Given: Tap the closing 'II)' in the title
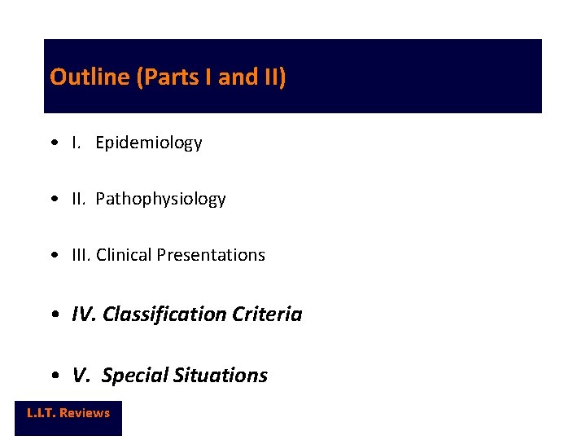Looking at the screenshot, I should (x=274, y=77).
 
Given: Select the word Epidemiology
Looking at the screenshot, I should (x=148, y=143).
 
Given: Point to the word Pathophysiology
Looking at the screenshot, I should (x=160, y=200).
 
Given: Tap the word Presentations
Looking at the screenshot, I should (x=211, y=255).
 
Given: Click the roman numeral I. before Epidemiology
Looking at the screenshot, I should (x=76, y=143).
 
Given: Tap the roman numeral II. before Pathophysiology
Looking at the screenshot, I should (x=79, y=200).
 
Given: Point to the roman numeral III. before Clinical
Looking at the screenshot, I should (x=81, y=255).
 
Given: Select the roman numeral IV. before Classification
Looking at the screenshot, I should (x=84, y=315).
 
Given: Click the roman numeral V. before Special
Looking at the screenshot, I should (x=81, y=376).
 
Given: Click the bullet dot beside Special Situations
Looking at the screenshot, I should (x=53, y=376).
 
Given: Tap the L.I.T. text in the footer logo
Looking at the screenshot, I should (x=41, y=413).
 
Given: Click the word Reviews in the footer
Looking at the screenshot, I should (x=85, y=413).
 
